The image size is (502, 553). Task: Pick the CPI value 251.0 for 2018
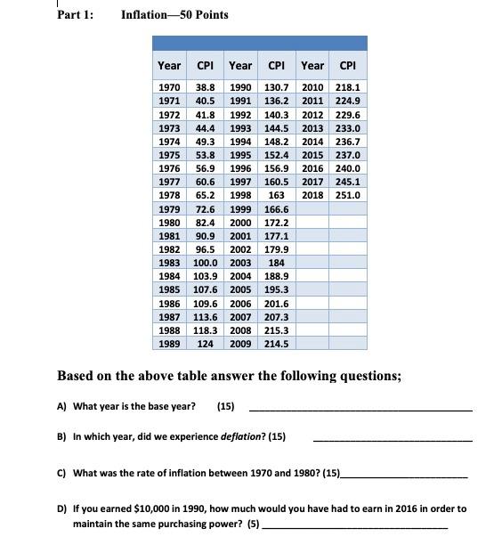tap(349, 194)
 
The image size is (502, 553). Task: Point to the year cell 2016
tap(312, 167)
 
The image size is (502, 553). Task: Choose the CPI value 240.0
tap(349, 167)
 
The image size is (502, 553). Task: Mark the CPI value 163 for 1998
tap(277, 194)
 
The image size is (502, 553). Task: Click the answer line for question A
tap(360, 409)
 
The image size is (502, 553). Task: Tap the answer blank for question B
tap(393, 439)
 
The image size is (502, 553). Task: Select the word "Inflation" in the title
tap(148, 14)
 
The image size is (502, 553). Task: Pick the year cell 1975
tap(169, 155)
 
